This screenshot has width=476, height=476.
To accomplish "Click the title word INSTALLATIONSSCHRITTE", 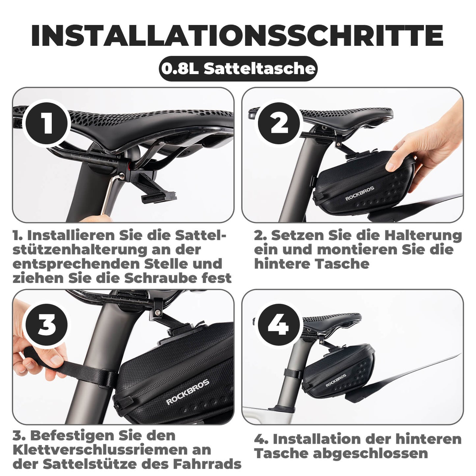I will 237,35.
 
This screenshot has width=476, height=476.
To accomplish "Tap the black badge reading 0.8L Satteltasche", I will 238,69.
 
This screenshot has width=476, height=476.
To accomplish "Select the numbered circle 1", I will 47,124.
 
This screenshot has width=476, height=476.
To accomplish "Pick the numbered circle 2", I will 279,124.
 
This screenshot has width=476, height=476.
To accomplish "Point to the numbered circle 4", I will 279,325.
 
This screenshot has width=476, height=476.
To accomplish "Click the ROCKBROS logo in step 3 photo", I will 187,392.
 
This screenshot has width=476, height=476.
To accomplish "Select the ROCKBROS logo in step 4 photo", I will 336,380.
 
